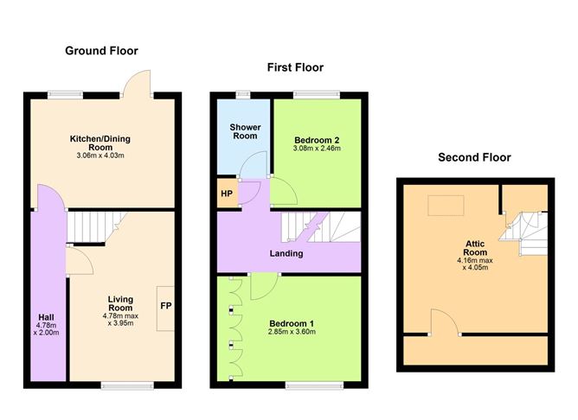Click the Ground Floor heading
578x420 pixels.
(x=102, y=51)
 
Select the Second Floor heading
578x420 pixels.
(x=474, y=157)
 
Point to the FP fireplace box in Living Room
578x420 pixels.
(x=164, y=306)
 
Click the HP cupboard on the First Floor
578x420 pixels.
(x=227, y=194)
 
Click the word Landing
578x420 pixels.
(x=286, y=253)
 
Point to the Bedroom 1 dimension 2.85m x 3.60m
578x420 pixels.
(x=291, y=332)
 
